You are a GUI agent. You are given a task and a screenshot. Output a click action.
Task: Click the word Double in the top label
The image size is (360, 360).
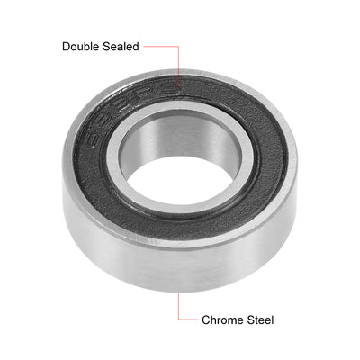pyautogui.click(x=83, y=46)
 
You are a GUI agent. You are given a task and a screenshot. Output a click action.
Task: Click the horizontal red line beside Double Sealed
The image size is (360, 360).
pyautogui.click(x=162, y=46)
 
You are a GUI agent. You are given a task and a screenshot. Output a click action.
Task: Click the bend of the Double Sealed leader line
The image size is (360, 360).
pyautogui.click(x=181, y=46)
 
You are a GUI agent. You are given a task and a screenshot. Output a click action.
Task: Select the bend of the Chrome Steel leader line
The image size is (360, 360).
pyautogui.click(x=180, y=319)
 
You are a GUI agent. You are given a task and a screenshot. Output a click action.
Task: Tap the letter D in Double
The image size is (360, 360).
pyautogui.click(x=66, y=46)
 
